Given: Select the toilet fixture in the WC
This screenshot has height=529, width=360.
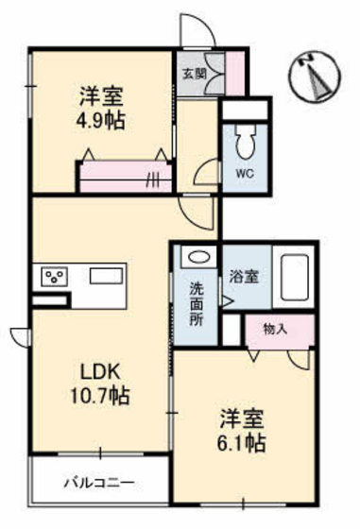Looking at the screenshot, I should click(x=243, y=143).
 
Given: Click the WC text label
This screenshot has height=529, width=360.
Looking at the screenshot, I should click(x=244, y=173).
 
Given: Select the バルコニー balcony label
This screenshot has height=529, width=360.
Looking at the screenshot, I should click(x=98, y=483).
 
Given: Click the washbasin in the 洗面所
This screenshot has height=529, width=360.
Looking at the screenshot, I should click(x=196, y=256).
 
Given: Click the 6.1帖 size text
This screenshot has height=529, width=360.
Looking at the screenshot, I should click(x=242, y=442).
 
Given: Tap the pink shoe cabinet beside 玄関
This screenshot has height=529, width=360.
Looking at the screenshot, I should click(x=231, y=72).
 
